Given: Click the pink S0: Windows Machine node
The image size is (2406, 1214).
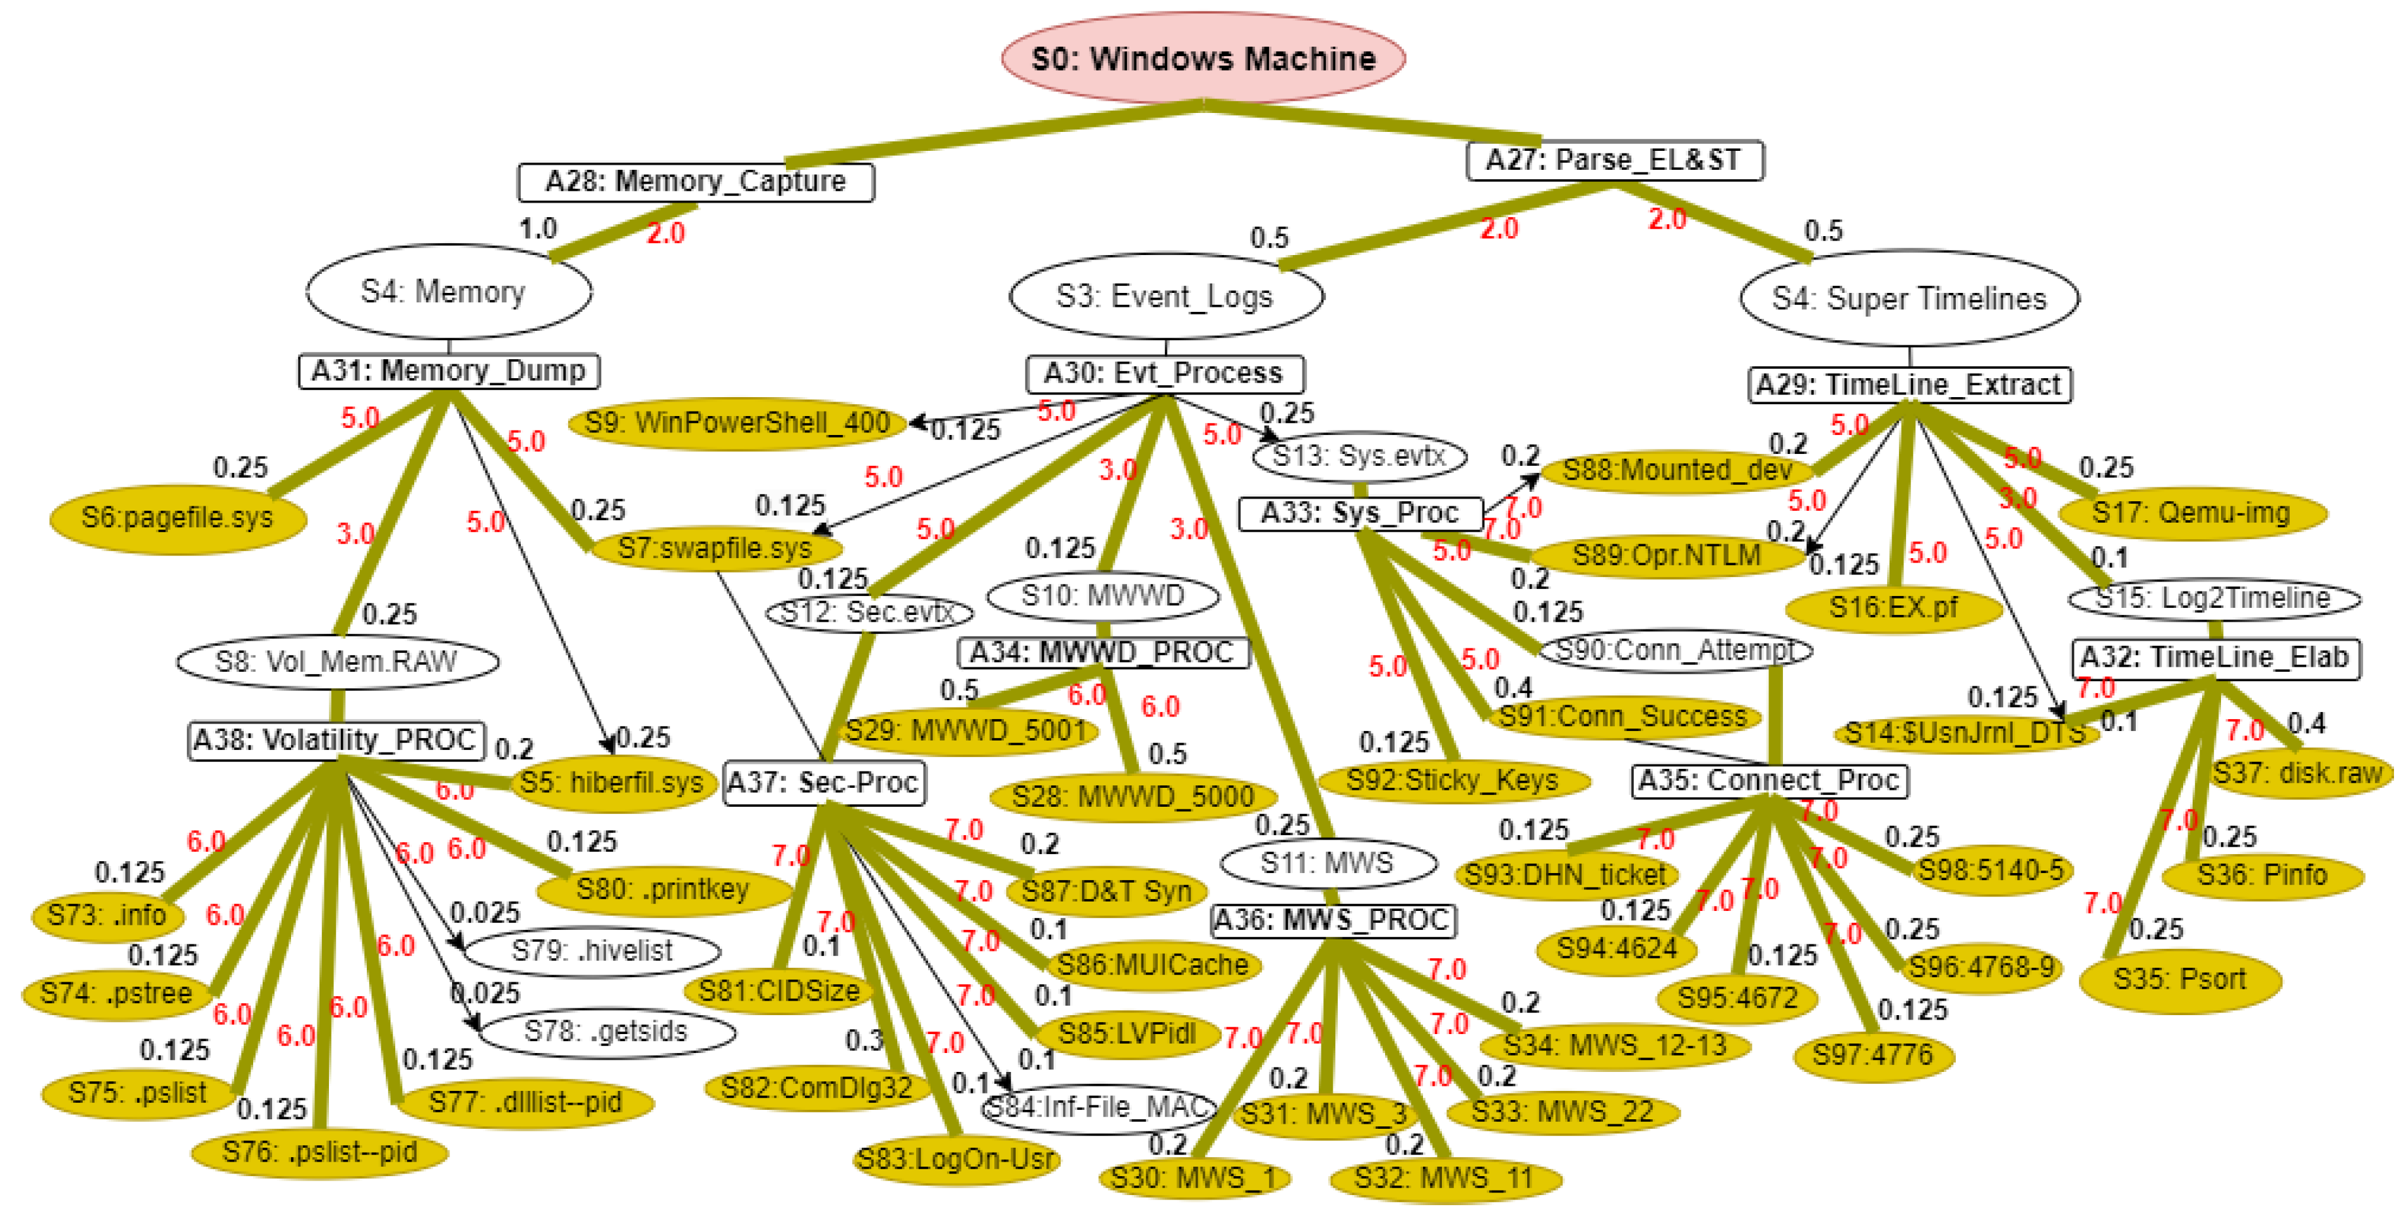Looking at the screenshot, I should point(1203,58).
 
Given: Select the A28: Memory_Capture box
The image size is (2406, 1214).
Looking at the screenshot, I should point(696,181).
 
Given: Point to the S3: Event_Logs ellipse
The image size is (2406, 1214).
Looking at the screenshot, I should point(1165,296).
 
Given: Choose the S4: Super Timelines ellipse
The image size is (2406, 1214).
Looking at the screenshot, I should point(1909,298).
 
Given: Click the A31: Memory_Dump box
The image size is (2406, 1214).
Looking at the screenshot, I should point(448,371).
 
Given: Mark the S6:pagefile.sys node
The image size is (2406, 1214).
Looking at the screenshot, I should point(177,516).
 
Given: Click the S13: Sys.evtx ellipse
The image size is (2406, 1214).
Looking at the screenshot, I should point(1359,456).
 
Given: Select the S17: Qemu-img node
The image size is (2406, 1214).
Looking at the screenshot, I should point(2191,512).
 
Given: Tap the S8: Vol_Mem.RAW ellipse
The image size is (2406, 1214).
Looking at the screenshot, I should point(336,661).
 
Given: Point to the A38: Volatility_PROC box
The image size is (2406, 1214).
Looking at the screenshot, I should point(336,740).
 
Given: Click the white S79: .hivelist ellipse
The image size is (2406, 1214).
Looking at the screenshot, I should point(592,951).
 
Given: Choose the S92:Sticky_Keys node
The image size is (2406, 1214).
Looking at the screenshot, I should point(1453,779).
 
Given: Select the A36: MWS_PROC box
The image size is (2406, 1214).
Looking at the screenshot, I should point(1333,920).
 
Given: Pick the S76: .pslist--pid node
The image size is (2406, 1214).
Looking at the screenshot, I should point(319,1152).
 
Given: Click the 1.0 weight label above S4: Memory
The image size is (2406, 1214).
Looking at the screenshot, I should point(538,228).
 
